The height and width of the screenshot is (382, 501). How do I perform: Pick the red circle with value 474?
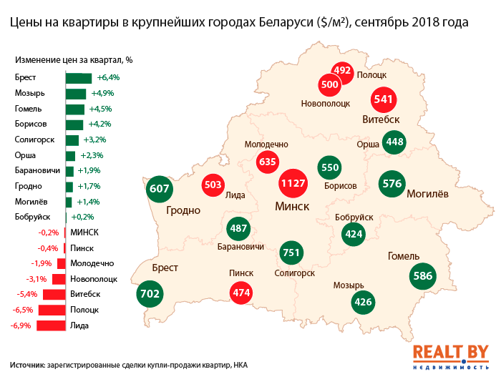tap(241, 293)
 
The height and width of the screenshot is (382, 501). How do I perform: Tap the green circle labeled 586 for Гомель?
tap(423, 276)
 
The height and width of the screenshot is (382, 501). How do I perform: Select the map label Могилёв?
tap(427, 193)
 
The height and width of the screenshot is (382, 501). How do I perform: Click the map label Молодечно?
tap(266, 143)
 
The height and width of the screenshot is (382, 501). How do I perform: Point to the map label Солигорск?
tap(295, 273)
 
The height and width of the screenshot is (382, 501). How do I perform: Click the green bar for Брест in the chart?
tap(79, 77)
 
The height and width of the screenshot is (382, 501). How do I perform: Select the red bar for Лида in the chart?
tap(51, 326)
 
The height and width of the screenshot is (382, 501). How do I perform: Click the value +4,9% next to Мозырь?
tap(101, 93)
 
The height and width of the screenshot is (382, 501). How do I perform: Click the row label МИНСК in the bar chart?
tap(84, 232)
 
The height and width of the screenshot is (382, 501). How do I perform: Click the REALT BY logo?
tap(450, 356)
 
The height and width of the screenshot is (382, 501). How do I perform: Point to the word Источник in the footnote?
tap(28, 365)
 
